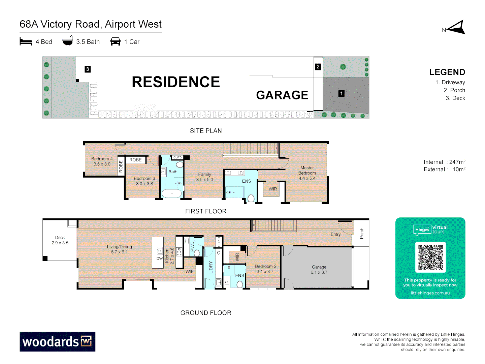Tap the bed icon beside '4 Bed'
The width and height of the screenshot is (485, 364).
pos(26,42)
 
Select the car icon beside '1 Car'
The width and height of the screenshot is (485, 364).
pos(115,42)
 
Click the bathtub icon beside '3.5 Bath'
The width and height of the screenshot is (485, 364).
pos(68,41)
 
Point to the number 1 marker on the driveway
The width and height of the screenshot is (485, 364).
pos(342,94)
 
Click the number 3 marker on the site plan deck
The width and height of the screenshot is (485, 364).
pos(88,69)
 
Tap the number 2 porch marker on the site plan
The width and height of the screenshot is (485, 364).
pos(318,67)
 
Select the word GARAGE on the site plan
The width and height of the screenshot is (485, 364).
pos(282,95)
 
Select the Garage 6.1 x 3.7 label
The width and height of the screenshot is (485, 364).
pos(319,270)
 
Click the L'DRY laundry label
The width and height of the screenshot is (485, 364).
pos(211,267)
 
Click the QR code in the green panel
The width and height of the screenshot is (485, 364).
pos(430,257)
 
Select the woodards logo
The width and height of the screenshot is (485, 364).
pos(57,342)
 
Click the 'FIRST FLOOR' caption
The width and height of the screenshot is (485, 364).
pos(206,211)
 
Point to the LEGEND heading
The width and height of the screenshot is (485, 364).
pos(447,72)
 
